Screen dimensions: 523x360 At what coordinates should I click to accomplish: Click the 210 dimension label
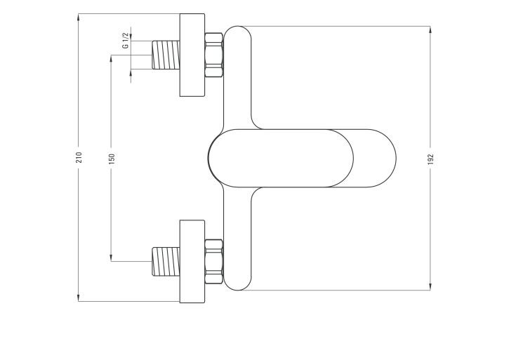click(x=79, y=157)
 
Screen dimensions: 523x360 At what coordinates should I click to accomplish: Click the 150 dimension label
click(x=112, y=159)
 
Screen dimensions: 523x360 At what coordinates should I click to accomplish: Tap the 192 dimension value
click(x=430, y=159)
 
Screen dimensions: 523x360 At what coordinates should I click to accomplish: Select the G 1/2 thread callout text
click(x=126, y=41)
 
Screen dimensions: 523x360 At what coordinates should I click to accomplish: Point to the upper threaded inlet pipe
click(x=166, y=55)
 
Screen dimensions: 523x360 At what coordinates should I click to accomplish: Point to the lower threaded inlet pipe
click(x=166, y=261)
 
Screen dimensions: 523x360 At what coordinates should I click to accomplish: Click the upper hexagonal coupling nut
click(x=214, y=55)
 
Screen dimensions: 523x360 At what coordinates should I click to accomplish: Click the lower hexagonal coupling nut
click(x=214, y=262)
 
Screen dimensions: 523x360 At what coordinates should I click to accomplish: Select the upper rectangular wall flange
click(x=192, y=55)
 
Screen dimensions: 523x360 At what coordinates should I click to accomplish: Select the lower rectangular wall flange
click(x=192, y=261)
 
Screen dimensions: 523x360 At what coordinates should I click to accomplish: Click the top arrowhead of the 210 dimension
click(x=79, y=17)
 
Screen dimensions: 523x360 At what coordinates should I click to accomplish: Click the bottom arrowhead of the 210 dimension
click(x=79, y=298)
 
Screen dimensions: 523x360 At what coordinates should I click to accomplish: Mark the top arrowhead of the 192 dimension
click(x=430, y=29)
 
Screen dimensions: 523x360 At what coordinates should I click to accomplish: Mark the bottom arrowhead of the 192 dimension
click(x=430, y=286)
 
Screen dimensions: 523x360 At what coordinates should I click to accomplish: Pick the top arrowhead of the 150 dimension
click(x=111, y=58)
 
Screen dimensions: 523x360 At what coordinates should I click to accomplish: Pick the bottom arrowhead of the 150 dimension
click(x=111, y=258)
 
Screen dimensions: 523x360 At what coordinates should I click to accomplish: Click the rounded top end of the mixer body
click(x=237, y=27)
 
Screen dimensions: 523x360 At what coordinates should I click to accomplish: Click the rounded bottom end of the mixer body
click(x=237, y=290)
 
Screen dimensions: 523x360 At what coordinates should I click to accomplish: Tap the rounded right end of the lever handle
click(x=396, y=158)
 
